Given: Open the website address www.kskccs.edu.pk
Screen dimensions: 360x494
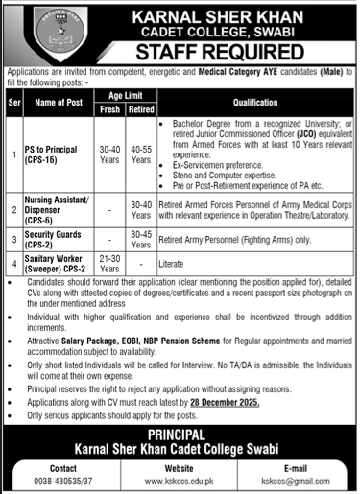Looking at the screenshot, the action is click(x=180, y=482).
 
